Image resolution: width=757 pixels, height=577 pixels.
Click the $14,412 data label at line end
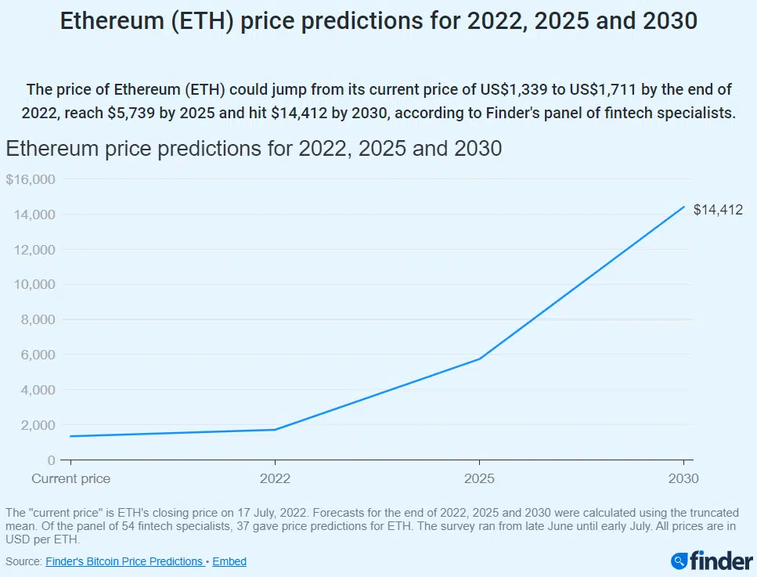click(718, 210)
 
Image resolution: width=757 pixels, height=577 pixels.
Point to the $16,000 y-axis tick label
click(30, 179)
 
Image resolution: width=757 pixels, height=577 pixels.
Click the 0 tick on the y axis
click(51, 460)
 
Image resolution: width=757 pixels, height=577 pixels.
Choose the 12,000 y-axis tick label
click(34, 250)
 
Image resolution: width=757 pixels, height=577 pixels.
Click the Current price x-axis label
click(70, 478)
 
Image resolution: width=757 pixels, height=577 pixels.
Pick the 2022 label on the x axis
click(275, 478)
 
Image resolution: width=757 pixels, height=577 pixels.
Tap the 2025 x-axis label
click(479, 478)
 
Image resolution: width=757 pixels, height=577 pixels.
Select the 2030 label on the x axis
click(683, 478)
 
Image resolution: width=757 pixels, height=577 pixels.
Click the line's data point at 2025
click(479, 359)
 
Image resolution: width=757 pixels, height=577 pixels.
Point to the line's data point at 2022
click(275, 429)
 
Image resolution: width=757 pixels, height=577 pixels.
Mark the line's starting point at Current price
click(70, 436)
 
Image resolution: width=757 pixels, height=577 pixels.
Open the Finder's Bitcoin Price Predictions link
click(125, 561)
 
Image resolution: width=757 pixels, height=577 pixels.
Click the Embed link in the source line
click(229, 561)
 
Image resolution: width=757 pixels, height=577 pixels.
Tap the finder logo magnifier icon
click(679, 561)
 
